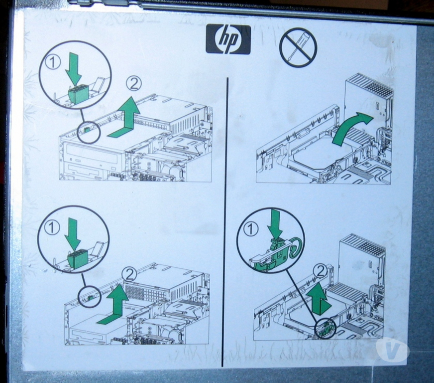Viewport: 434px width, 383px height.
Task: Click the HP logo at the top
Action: pyautogui.click(x=228, y=39)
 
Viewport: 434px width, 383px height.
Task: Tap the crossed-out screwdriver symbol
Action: pyautogui.click(x=298, y=47)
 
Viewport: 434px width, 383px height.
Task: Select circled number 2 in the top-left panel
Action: pyautogui.click(x=134, y=83)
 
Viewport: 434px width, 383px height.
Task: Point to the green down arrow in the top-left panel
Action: pyautogui.click(x=74, y=70)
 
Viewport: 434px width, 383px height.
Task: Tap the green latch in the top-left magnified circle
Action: pyautogui.click(x=78, y=94)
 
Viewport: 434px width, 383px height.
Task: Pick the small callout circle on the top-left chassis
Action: pyautogui.click(x=88, y=132)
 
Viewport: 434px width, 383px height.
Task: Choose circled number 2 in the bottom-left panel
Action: pyautogui.click(x=129, y=275)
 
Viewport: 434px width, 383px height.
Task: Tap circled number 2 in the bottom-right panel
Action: pyautogui.click(x=321, y=272)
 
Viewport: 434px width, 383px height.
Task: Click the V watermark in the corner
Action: pyautogui.click(x=392, y=350)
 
